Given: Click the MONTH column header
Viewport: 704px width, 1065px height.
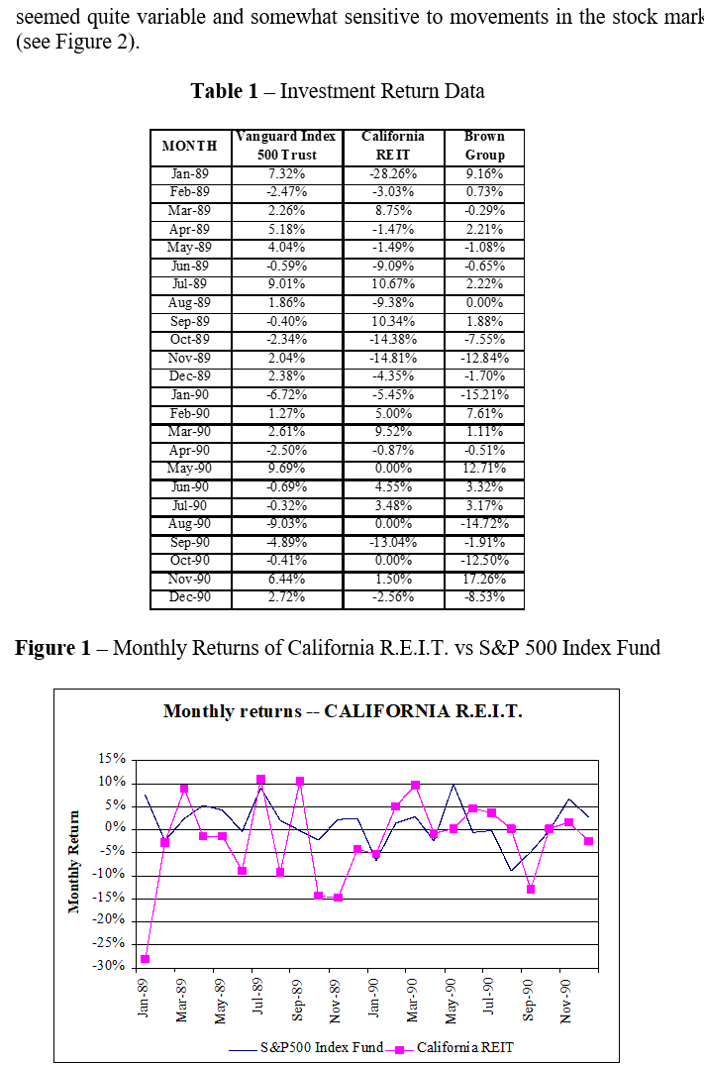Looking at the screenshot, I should coord(189,146).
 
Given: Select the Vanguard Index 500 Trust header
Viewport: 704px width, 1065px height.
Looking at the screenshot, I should coord(285,146).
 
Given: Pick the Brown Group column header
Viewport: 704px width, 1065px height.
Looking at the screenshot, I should coord(484,146).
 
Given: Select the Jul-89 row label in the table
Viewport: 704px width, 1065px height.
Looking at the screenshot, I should coord(189,284).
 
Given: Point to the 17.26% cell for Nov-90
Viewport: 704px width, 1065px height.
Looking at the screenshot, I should coord(484,580).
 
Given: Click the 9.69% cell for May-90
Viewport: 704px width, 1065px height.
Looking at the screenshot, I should coord(285,469).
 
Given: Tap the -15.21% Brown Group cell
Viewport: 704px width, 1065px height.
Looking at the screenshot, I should coord(484,395).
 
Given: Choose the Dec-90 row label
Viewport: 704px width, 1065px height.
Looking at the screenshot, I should coord(189,598).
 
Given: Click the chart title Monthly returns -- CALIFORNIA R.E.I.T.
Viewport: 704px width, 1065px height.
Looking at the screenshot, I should coord(343,711).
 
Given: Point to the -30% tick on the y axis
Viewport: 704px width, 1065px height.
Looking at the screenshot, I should coord(110,967).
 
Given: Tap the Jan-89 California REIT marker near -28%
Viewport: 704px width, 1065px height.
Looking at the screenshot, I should coord(146,959).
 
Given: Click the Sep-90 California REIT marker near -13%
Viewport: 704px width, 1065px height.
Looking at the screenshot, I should coord(531,889).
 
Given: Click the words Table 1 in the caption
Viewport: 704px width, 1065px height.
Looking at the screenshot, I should coord(230,91).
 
